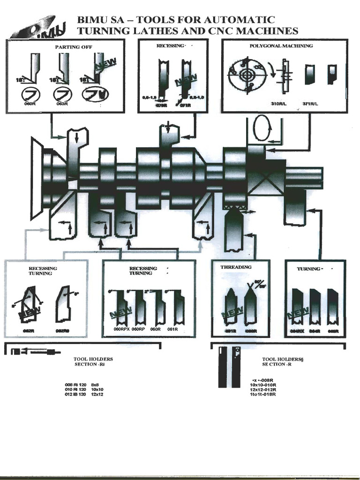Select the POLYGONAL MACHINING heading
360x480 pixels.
pyautogui.click(x=281, y=46)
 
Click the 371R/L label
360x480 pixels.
pyautogui.click(x=310, y=103)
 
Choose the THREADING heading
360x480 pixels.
pyautogui.click(x=236, y=267)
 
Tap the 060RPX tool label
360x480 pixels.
pyautogui.click(x=121, y=330)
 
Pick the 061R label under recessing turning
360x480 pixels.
pyautogui.click(x=173, y=330)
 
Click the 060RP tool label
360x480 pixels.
pyautogui.click(x=138, y=330)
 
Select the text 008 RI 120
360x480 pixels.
pyautogui.click(x=75, y=384)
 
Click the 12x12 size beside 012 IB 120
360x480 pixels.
pyautogui.click(x=97, y=395)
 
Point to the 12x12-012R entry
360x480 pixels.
pyautogui.click(x=263, y=390)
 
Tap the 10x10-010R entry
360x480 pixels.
pyautogui.click(x=263, y=385)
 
